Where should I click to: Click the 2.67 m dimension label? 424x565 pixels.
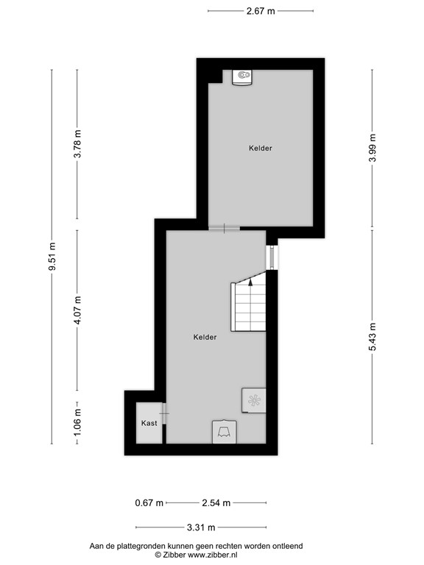261,11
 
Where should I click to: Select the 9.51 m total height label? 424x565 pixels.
52,257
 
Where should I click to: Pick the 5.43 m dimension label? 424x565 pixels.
372,337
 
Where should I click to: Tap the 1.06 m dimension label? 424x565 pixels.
77,422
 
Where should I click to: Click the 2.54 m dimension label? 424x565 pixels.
216,503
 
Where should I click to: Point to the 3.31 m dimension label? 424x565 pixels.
201,527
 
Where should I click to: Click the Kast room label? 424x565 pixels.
149,423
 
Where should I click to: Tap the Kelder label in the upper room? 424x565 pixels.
261,148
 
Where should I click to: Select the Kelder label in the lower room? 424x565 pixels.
205,337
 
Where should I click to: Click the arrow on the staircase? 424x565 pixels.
251,279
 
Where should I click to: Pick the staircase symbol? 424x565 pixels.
249,306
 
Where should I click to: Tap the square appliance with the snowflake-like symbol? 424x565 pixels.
254,400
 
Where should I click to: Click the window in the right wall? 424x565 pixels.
272,257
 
